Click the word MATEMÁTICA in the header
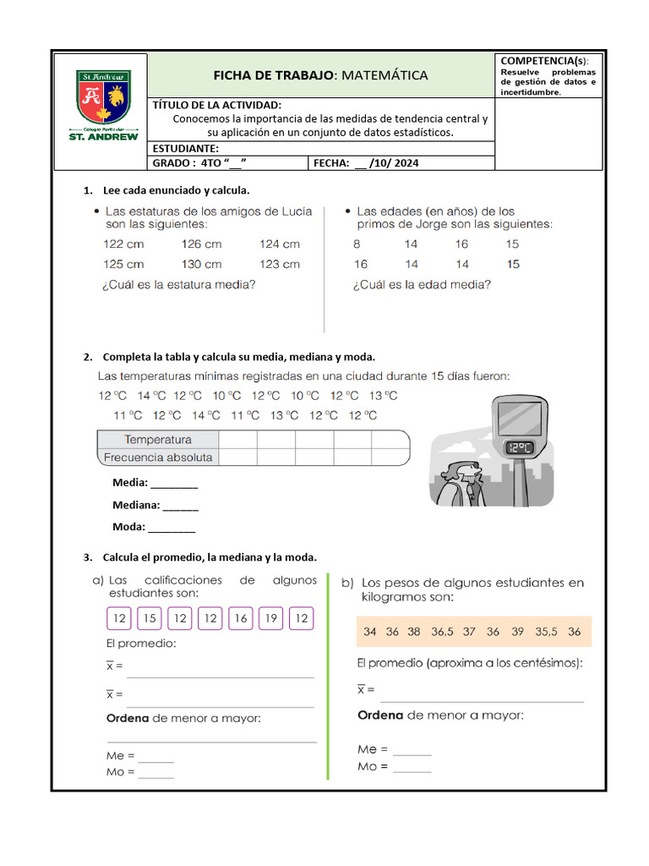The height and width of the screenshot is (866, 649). point(384,75)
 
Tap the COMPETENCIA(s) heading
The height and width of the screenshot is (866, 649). point(545,61)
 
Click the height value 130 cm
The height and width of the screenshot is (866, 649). point(201,264)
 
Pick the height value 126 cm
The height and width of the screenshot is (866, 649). point(201,244)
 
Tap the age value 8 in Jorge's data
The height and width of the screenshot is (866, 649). point(357,244)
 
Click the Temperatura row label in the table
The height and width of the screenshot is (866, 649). point(158,439)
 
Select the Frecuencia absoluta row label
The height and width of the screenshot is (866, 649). point(158,458)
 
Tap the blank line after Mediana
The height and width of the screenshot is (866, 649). point(180,507)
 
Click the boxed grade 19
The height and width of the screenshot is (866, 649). point(270,619)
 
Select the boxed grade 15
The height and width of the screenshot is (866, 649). point(150,619)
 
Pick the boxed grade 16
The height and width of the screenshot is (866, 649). point(241,619)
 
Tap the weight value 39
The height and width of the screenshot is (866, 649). point(518,632)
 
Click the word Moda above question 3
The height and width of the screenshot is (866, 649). point(128,527)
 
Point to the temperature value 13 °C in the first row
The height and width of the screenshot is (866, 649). point(383,395)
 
